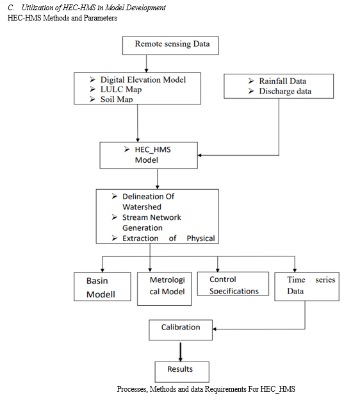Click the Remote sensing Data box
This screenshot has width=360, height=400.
tap(170, 46)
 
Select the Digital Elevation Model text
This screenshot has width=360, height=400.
tap(143, 80)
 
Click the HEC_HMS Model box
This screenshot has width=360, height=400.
tap(149, 155)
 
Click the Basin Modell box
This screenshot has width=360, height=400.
tap(102, 287)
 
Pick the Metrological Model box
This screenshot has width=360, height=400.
tap(165, 288)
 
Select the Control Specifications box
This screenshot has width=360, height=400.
tap(233, 284)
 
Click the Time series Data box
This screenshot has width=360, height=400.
tap(307, 287)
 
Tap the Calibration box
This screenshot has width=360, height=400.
tap(181, 330)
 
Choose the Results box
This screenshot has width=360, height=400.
tap(182, 372)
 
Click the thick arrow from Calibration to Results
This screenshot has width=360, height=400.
tap(181, 352)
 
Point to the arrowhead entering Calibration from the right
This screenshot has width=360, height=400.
tap(215, 329)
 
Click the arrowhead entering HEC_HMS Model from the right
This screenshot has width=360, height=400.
tap(200, 155)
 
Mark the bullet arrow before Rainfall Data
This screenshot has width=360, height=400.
tap(251, 81)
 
